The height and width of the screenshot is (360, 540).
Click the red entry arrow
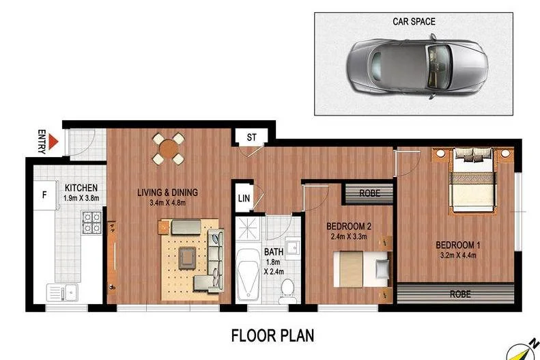click(54, 143)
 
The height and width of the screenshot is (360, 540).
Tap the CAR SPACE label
click(413, 21)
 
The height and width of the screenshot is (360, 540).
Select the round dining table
click(167, 148)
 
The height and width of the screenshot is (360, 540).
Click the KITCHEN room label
click(81, 188)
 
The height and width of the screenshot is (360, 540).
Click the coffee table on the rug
click(186, 258)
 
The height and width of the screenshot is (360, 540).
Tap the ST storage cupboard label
click(251, 137)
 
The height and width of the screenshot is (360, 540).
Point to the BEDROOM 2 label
click(349, 227)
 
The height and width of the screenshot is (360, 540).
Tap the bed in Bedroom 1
click(472, 179)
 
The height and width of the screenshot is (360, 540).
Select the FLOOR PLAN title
click(272, 335)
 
